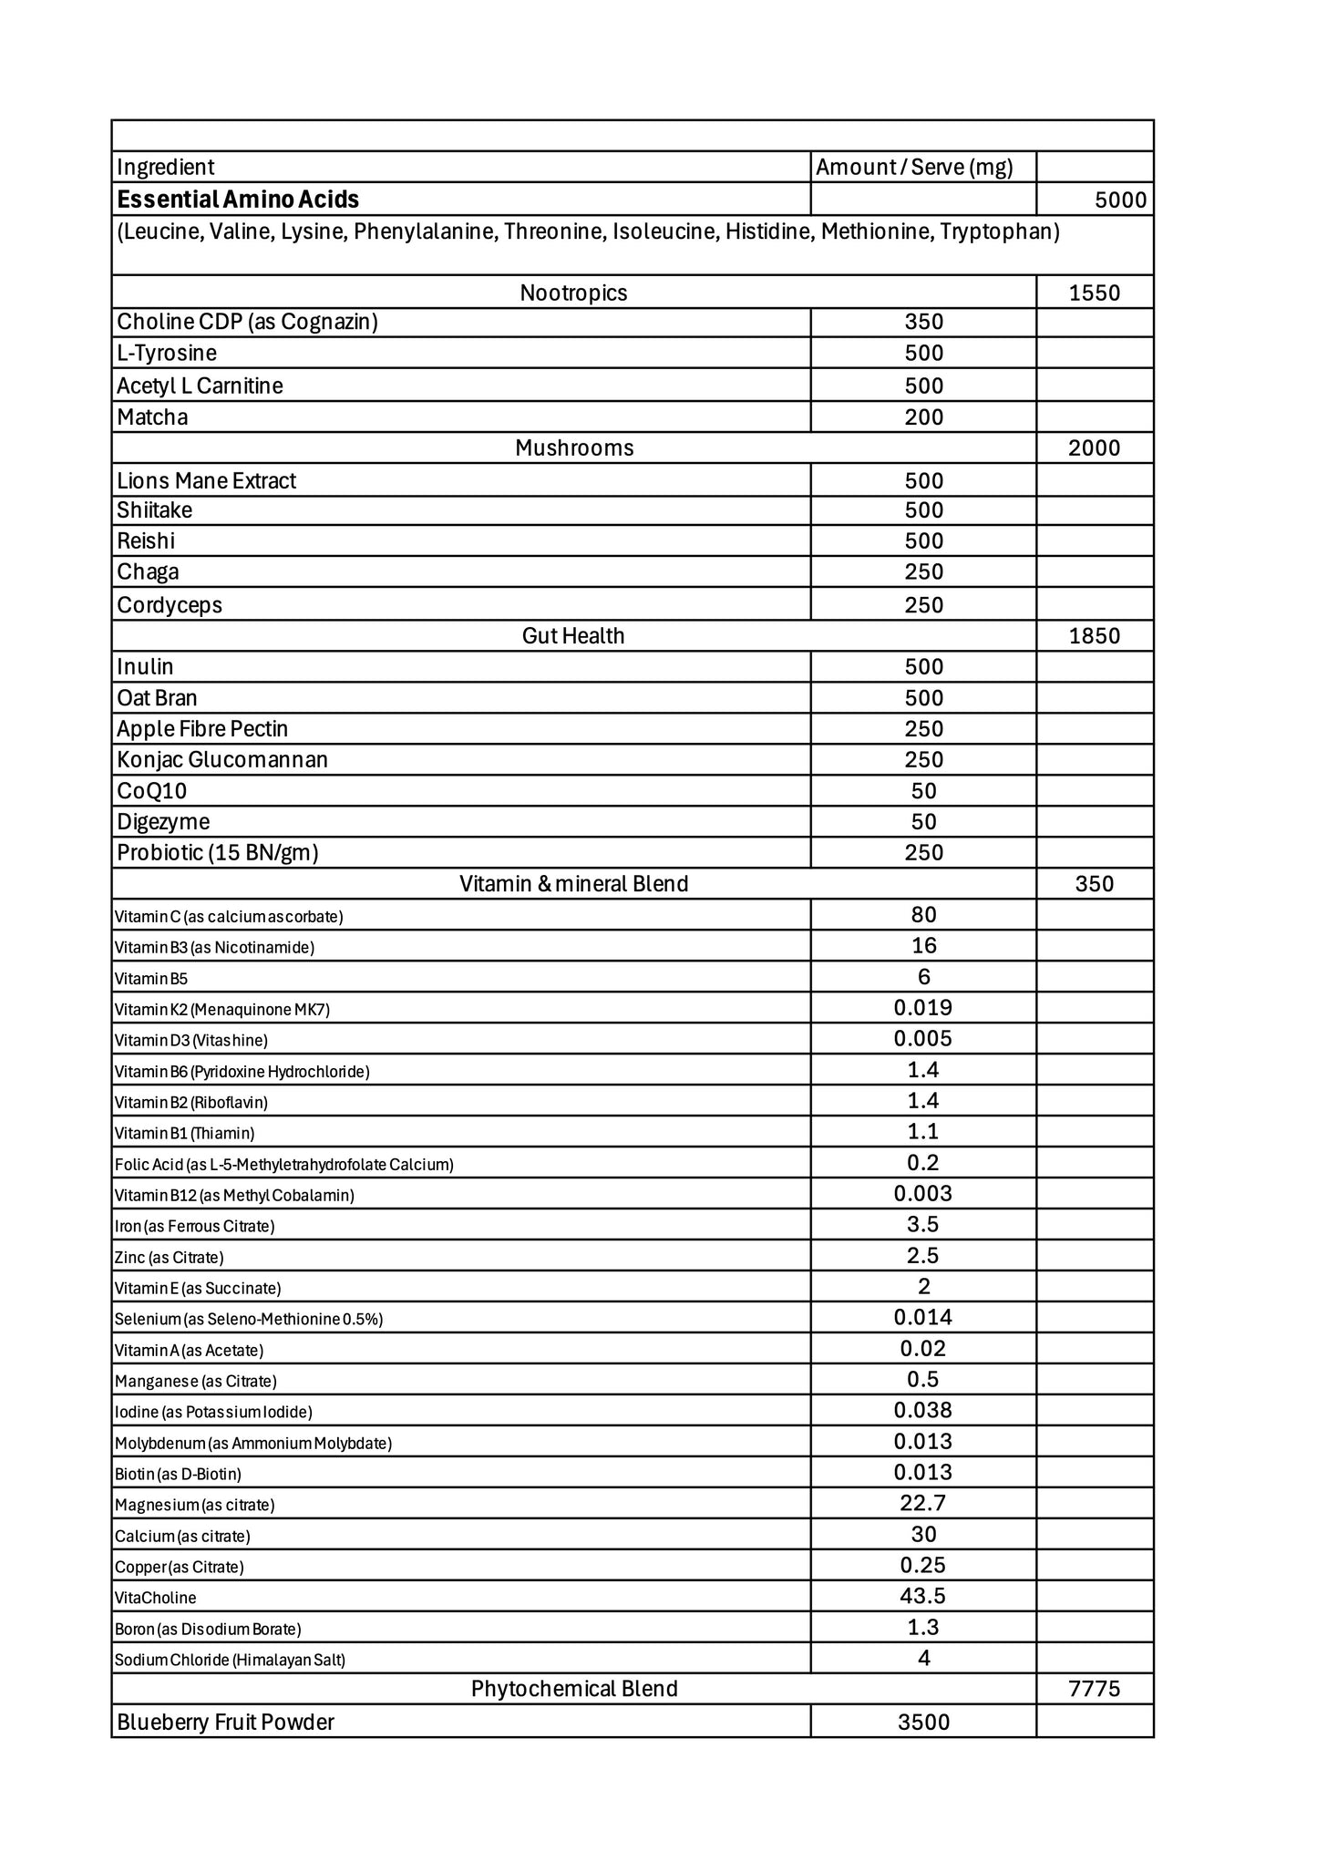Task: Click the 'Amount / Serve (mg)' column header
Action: click(x=914, y=167)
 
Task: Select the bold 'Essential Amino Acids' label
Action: click(x=238, y=200)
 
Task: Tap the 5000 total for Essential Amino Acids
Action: click(x=1120, y=200)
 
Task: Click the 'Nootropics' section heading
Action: click(x=573, y=293)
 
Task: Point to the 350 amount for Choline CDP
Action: click(x=923, y=322)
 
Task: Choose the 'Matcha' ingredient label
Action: click(x=152, y=417)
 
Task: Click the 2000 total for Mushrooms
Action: click(x=1094, y=447)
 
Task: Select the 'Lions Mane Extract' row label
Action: click(x=207, y=480)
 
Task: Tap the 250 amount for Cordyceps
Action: click(x=923, y=605)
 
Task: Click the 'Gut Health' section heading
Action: click(x=573, y=635)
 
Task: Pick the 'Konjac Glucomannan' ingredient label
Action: click(x=222, y=760)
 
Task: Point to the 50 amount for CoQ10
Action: click(x=923, y=791)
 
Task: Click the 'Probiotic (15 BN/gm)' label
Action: click(x=218, y=853)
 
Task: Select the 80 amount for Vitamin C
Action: click(x=923, y=915)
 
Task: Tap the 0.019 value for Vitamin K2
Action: click(x=923, y=1008)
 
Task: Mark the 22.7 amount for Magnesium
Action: click(x=923, y=1504)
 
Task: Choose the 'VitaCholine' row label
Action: click(x=156, y=1598)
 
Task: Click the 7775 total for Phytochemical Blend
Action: click(x=1094, y=1689)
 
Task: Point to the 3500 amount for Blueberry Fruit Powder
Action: click(x=923, y=1722)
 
